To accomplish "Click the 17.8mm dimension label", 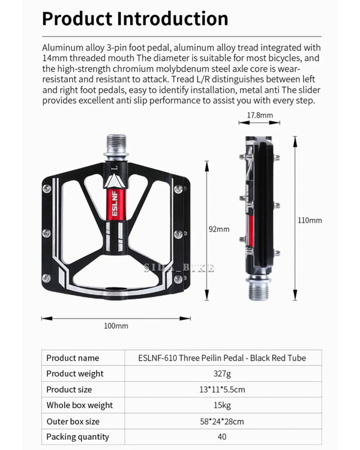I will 260,115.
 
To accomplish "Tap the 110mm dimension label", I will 310,220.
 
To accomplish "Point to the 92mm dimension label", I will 218,229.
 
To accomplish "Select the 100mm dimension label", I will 116,326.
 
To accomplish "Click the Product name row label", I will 73,358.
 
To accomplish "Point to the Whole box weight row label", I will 79,405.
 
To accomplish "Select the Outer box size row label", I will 73,421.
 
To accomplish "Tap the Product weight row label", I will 75,374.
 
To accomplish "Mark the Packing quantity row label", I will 78,437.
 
